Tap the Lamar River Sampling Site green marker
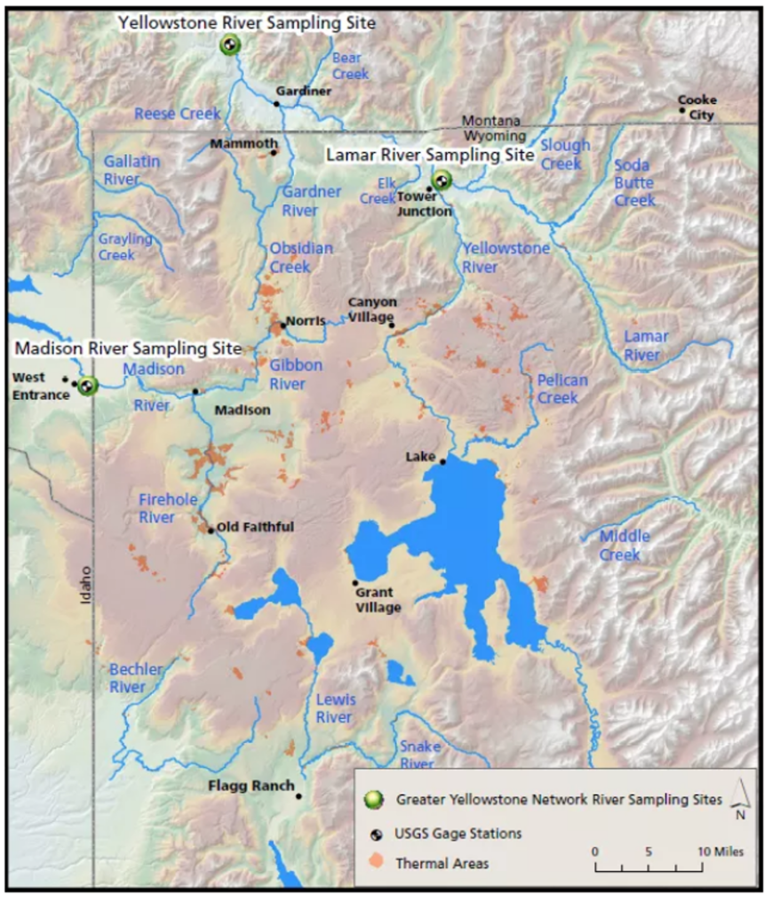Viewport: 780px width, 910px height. [x=441, y=181]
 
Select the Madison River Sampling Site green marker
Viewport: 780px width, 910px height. [x=86, y=387]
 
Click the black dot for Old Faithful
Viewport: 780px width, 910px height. [x=211, y=531]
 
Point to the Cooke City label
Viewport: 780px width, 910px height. [x=696, y=108]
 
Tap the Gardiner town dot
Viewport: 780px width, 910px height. [x=276, y=104]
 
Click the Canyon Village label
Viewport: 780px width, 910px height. [x=372, y=309]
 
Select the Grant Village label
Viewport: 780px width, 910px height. [x=378, y=600]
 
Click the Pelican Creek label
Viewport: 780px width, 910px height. [x=561, y=389]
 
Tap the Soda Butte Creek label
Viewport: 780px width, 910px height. [x=634, y=183]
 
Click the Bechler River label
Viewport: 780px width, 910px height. [x=136, y=678]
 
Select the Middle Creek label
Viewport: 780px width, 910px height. [x=625, y=546]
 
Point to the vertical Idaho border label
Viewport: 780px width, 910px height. [x=86, y=586]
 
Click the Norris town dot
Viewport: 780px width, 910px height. [x=283, y=325]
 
